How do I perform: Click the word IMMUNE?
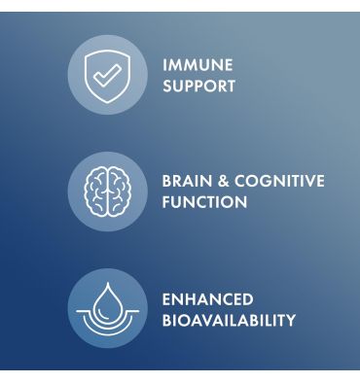[x=198, y=65]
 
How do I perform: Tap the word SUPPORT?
[x=198, y=87]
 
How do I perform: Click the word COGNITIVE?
[x=281, y=181]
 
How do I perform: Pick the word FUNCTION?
[x=204, y=202]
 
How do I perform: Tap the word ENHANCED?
[x=207, y=298]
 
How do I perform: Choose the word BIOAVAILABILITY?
[x=229, y=320]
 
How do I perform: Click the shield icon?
[x=106, y=74]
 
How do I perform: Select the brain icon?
[x=106, y=191]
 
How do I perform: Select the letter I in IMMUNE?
[x=163, y=65]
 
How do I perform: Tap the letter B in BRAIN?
[x=166, y=181]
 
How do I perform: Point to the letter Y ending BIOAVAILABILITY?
[x=290, y=320]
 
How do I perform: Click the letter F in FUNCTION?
[x=166, y=202]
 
